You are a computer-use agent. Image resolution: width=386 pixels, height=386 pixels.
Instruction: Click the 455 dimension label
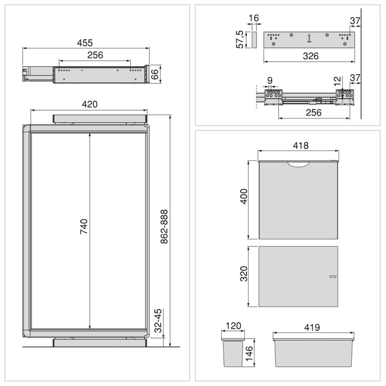pos(85,42)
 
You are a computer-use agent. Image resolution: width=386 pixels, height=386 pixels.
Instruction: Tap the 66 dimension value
pos(156,74)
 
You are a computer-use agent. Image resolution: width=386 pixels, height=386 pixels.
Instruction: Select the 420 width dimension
pos(89,104)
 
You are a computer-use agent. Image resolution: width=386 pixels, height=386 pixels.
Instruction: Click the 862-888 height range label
pos(163,227)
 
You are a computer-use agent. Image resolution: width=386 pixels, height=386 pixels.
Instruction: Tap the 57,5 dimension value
pos(240,40)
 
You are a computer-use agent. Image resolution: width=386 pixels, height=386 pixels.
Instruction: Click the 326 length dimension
pos(309,56)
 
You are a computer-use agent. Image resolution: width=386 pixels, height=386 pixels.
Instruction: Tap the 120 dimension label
pos(233,326)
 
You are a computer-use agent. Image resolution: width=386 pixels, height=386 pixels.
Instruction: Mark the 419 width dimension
pos(312,328)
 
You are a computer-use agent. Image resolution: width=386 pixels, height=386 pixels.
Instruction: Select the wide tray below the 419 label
pos(313,352)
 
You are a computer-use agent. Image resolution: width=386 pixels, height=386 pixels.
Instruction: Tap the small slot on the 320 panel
pos(333,275)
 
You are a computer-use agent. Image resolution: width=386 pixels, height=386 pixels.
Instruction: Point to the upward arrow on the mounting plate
pos(309,39)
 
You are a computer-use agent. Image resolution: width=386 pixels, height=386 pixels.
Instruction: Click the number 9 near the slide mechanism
pos(269,81)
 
